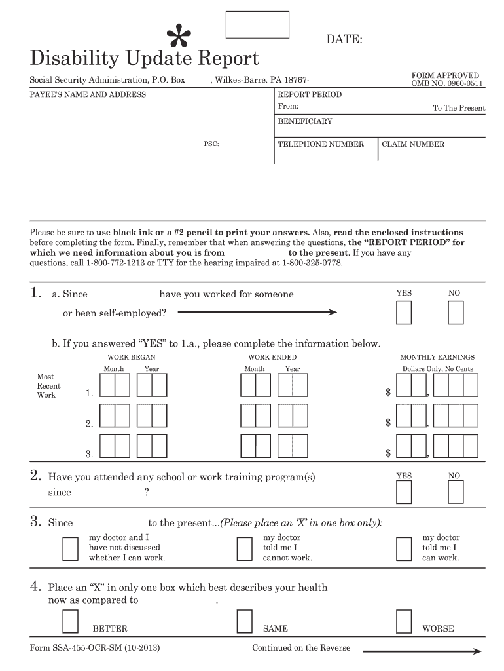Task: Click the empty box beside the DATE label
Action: click(x=257, y=24)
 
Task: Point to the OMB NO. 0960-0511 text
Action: click(x=447, y=84)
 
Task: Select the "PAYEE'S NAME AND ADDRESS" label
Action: click(x=88, y=94)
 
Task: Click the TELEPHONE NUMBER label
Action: click(x=321, y=144)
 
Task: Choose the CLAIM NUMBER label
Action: click(x=413, y=144)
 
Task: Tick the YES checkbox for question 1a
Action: click(x=404, y=313)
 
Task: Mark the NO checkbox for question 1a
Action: click(x=455, y=313)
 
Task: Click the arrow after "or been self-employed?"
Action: click(x=257, y=313)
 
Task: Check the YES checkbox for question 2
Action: click(x=404, y=493)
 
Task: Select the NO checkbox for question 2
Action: click(x=455, y=493)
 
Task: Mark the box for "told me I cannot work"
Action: click(x=244, y=548)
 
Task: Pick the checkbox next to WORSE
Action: click(x=404, y=619)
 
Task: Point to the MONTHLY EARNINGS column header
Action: click(x=437, y=357)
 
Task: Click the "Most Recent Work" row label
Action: click(x=46, y=386)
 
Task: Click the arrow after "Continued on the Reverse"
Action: click(x=422, y=651)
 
